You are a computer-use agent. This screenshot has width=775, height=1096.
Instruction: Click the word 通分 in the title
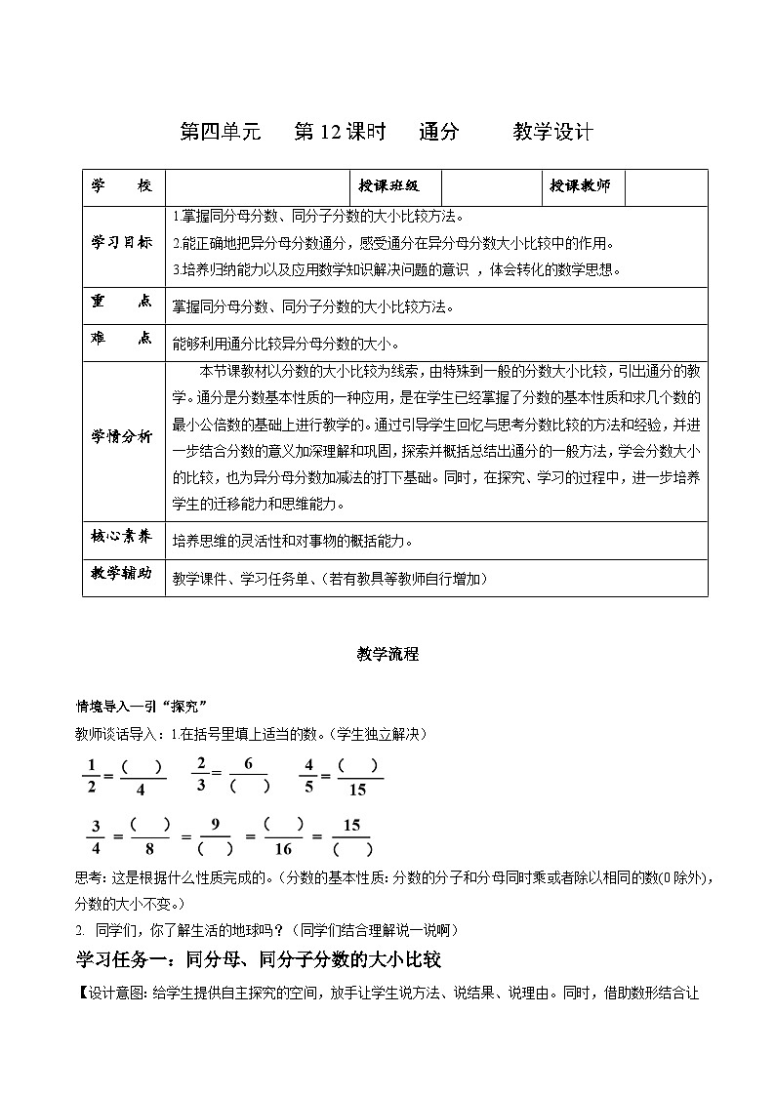point(438,132)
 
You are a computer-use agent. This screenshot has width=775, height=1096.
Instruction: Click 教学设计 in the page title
point(552,132)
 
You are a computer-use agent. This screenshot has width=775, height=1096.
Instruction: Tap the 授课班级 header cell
point(388,186)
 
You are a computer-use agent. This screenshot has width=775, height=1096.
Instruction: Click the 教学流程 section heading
point(387,655)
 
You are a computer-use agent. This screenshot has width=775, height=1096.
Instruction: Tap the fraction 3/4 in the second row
point(96,837)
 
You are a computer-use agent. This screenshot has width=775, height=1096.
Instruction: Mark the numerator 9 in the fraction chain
point(215,825)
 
